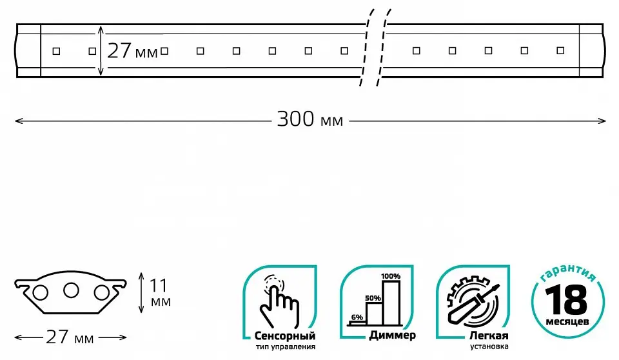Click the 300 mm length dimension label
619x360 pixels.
point(310,119)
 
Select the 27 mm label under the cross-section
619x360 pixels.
point(70,337)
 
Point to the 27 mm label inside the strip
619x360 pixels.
point(132,51)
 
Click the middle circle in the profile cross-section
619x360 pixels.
point(71,290)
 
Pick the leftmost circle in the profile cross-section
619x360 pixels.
point(40,293)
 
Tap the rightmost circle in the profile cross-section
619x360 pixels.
point(101,293)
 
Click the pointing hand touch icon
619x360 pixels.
point(279,301)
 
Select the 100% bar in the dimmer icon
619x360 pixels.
point(391,303)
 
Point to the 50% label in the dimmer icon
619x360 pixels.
point(373,298)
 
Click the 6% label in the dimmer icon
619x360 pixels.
point(357,317)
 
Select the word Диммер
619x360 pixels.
point(392,335)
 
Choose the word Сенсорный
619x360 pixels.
point(285,336)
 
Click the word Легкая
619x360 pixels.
point(489,336)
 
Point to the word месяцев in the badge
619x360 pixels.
point(567,322)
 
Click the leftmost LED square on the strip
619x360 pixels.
point(57,51)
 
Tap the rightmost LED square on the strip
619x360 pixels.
point(560,50)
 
